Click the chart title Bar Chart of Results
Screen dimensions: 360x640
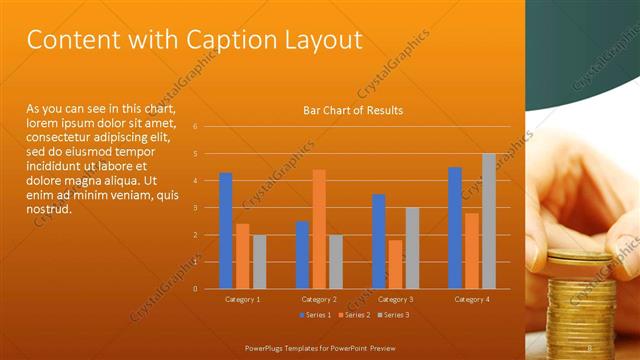pyautogui.click(x=353, y=110)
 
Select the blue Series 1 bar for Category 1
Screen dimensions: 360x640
pyautogui.click(x=226, y=230)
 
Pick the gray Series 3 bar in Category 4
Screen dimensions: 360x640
pyautogui.click(x=489, y=220)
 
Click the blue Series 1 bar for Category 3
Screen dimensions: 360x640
pyautogui.click(x=378, y=240)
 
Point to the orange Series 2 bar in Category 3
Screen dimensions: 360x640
pyautogui.click(x=395, y=263)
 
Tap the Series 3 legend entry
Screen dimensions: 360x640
pyautogui.click(x=393, y=315)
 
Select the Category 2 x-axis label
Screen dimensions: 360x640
pyautogui.click(x=319, y=299)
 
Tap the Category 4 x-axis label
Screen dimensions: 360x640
pyautogui.click(x=472, y=299)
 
